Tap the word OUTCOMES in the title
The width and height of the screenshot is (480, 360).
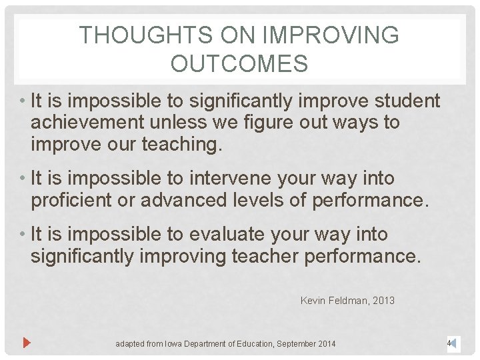click(x=239, y=64)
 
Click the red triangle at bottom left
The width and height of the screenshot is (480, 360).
click(x=27, y=343)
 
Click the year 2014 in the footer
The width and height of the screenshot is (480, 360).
click(x=326, y=344)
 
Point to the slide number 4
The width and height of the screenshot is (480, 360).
click(x=450, y=343)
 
